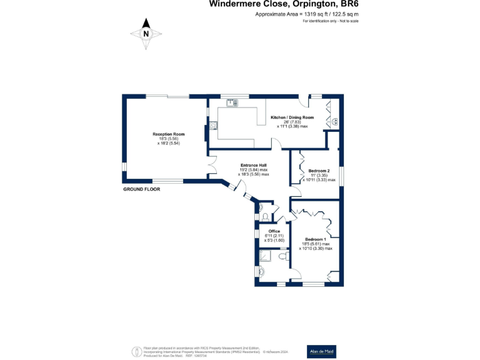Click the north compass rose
146,34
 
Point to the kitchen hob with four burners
213,126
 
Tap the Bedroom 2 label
319,171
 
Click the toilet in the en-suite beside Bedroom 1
282,256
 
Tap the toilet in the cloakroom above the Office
265,216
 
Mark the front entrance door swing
235,186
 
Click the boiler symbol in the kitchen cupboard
335,122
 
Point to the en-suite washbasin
261,271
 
